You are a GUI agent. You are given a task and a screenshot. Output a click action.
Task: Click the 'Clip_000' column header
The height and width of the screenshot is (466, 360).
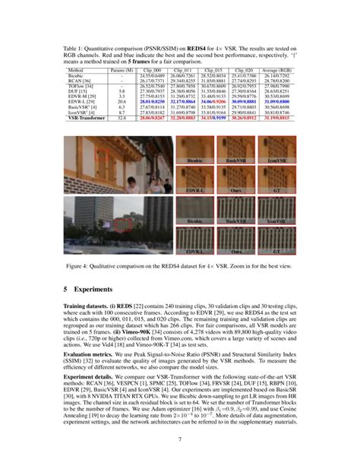click(153, 69)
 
